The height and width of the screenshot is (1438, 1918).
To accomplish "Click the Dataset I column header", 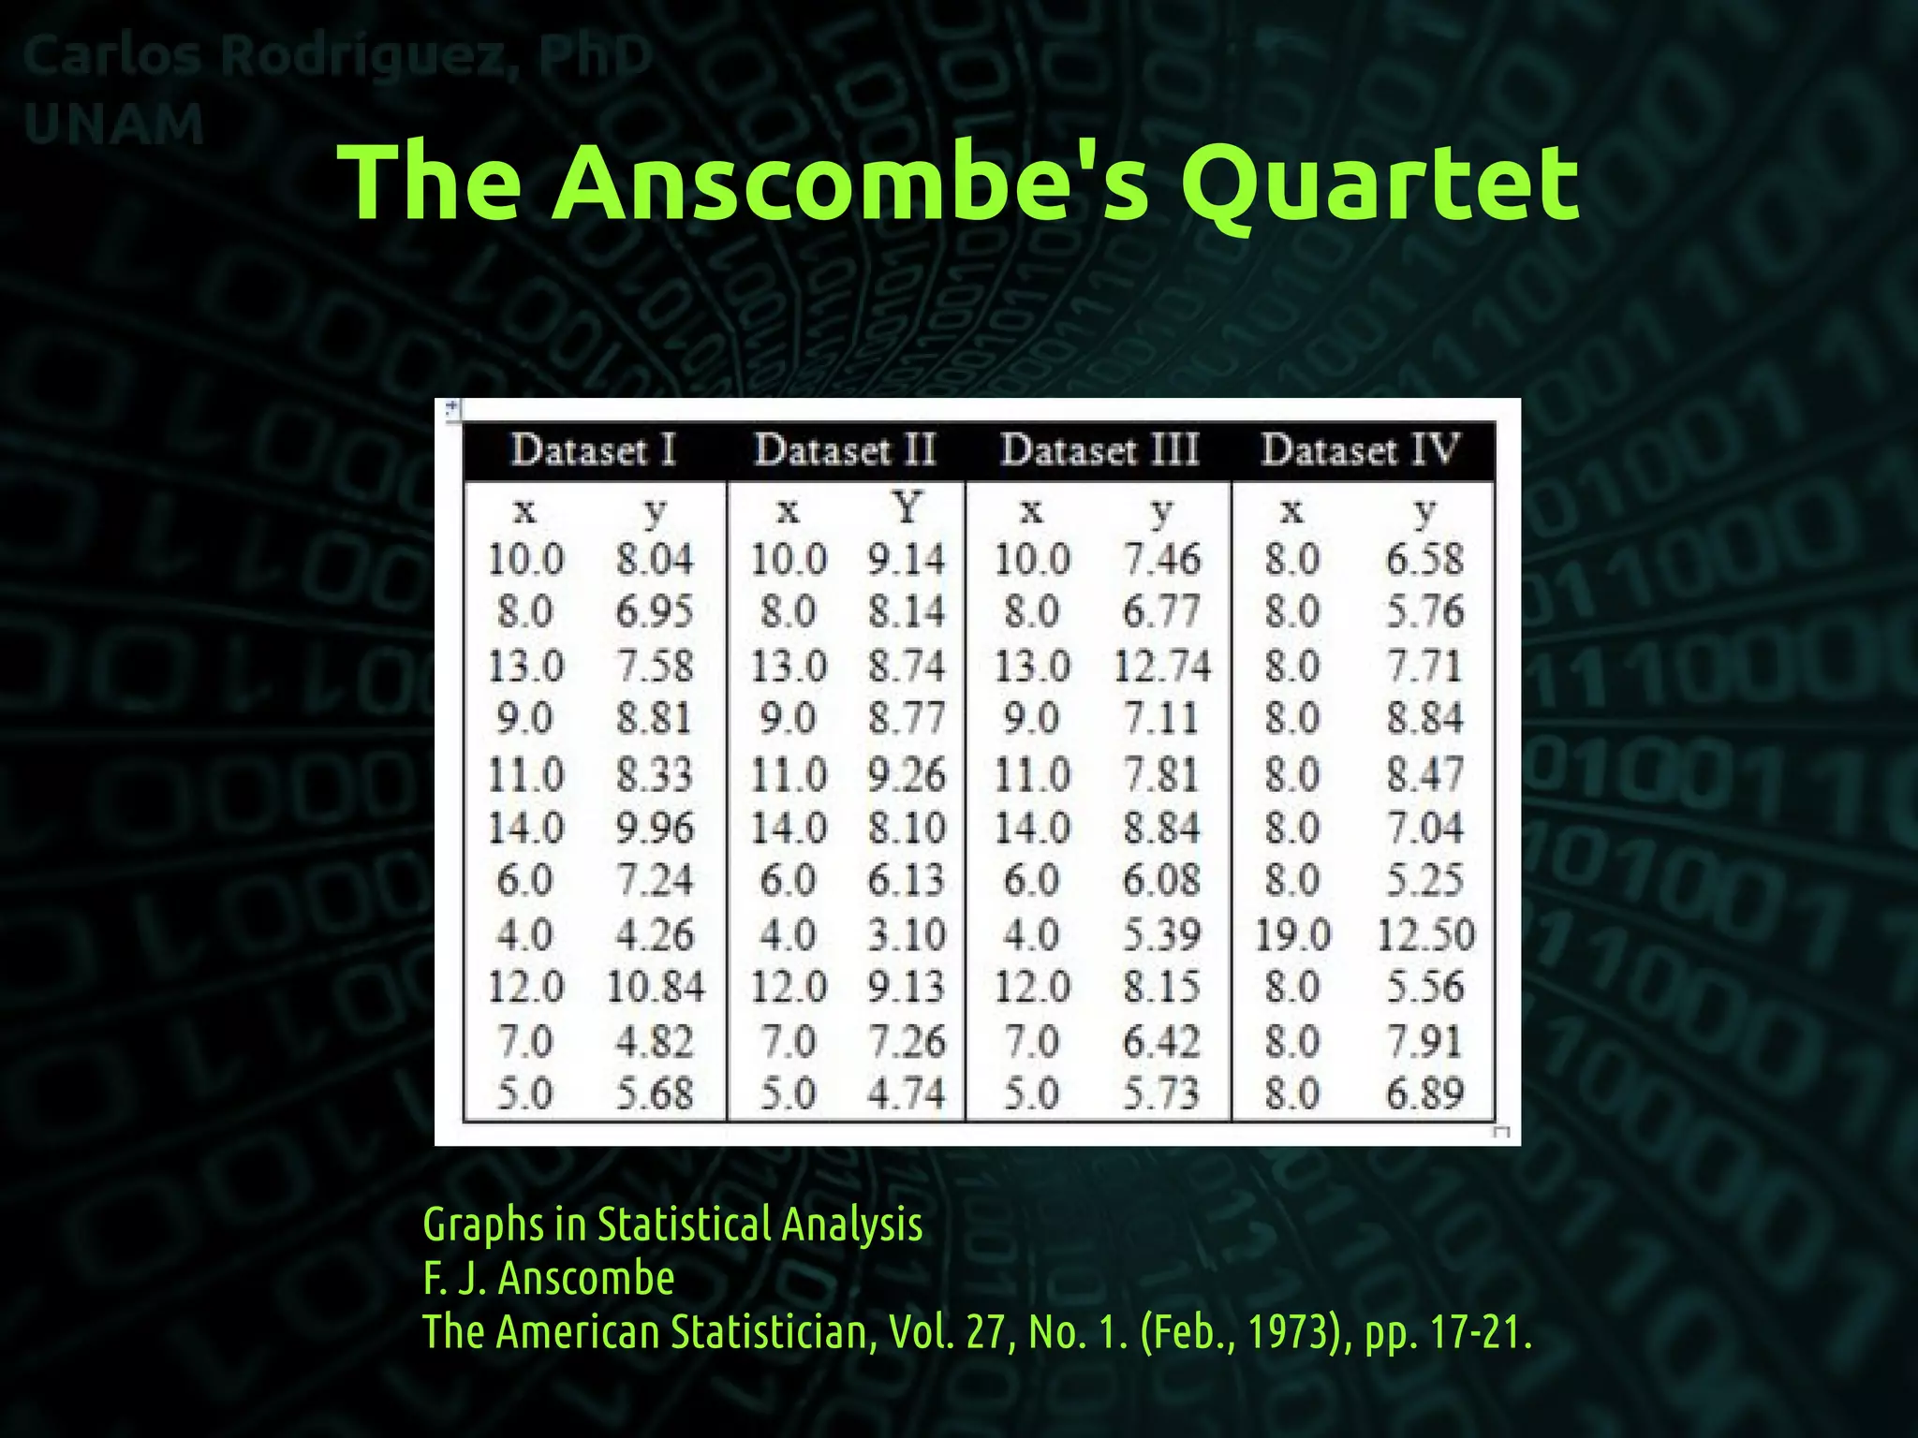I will click(594, 450).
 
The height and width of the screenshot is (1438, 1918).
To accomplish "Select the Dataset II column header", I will click(846, 450).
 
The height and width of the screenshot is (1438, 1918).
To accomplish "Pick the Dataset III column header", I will click(1099, 450).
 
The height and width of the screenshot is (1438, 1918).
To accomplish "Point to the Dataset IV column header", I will click(1360, 450).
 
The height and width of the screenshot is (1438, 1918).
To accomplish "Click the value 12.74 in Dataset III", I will click(1162, 667).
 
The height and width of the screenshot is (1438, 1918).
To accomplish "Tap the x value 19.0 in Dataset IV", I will click(1292, 934).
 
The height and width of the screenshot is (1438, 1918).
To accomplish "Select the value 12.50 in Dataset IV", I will click(1425, 934).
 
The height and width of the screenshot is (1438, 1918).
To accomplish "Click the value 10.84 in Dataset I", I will click(656, 988).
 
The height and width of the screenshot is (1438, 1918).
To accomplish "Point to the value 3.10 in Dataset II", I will click(906, 934).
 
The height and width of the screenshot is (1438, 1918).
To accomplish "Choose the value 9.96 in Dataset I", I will click(655, 829).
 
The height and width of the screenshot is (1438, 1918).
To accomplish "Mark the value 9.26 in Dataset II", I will click(906, 775).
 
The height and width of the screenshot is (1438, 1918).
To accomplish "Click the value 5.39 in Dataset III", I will click(1161, 934).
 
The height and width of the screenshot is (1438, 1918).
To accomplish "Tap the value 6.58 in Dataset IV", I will click(1424, 559).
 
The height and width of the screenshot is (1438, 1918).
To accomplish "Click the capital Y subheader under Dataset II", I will click(906, 508).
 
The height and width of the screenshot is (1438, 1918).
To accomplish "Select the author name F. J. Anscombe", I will click(549, 1279).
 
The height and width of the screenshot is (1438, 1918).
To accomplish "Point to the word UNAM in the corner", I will click(113, 125).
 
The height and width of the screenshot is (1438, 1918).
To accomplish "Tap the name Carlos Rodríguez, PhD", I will click(337, 56).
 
